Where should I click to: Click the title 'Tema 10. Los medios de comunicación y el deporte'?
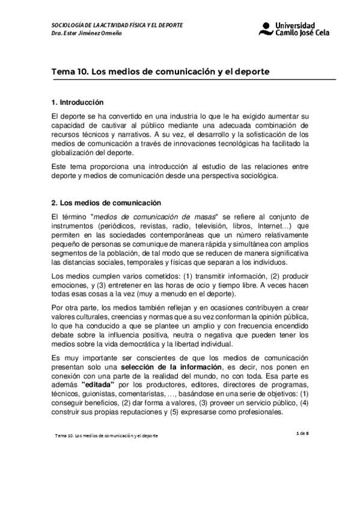(x=160, y=71)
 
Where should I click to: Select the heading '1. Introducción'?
(x=78, y=102)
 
